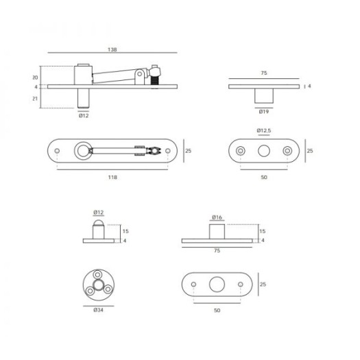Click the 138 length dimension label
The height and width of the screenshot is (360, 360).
click(112, 49)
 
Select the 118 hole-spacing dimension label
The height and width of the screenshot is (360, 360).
click(112, 177)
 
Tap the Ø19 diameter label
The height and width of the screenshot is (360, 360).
click(264, 112)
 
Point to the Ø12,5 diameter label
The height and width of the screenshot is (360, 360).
click(264, 130)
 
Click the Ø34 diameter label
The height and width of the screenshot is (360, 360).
click(98, 310)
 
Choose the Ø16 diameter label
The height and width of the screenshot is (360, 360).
click(217, 217)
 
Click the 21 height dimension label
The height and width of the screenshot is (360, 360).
click(35, 99)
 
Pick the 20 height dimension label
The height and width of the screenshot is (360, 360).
click(35, 77)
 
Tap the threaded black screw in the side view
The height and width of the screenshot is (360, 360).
click(155, 81)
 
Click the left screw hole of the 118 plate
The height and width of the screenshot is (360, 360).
click(57, 151)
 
